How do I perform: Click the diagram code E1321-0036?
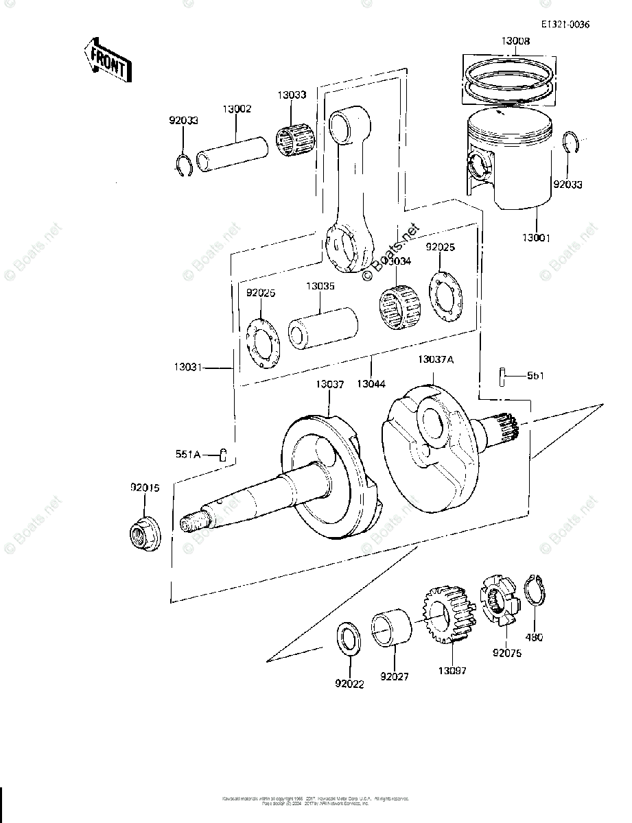click(x=564, y=25)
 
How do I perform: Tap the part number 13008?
click(x=515, y=42)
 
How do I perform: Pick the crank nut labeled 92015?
click(x=145, y=532)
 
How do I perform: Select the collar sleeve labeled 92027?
click(x=393, y=628)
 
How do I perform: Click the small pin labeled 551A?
click(x=223, y=454)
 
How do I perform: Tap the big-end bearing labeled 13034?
click(x=399, y=305)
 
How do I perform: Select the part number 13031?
click(x=187, y=368)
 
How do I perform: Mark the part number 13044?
click(x=370, y=383)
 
